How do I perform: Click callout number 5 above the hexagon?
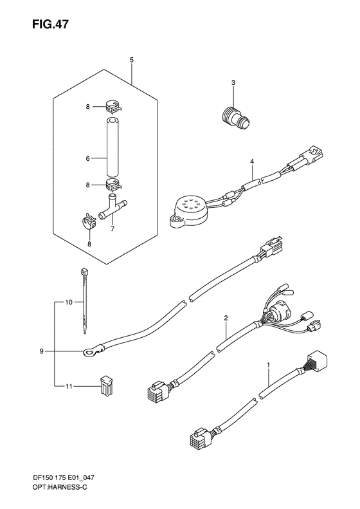point(132,60)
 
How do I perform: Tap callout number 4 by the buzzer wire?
point(252,160)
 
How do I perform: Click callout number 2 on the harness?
point(226,318)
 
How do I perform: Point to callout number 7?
point(113,228)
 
